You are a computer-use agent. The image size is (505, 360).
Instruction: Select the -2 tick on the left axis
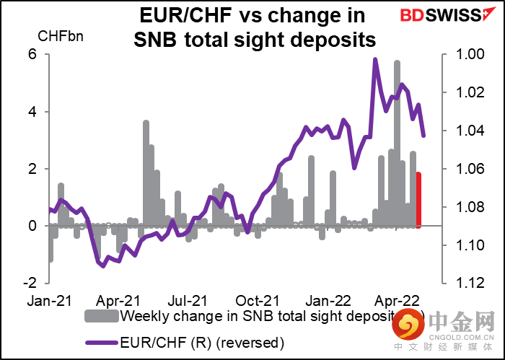click(30, 283)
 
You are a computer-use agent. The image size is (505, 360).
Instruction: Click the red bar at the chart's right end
click(419, 199)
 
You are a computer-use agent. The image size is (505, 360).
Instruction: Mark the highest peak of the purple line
click(375, 60)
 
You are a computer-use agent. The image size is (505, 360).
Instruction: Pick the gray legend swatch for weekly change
click(102, 316)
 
